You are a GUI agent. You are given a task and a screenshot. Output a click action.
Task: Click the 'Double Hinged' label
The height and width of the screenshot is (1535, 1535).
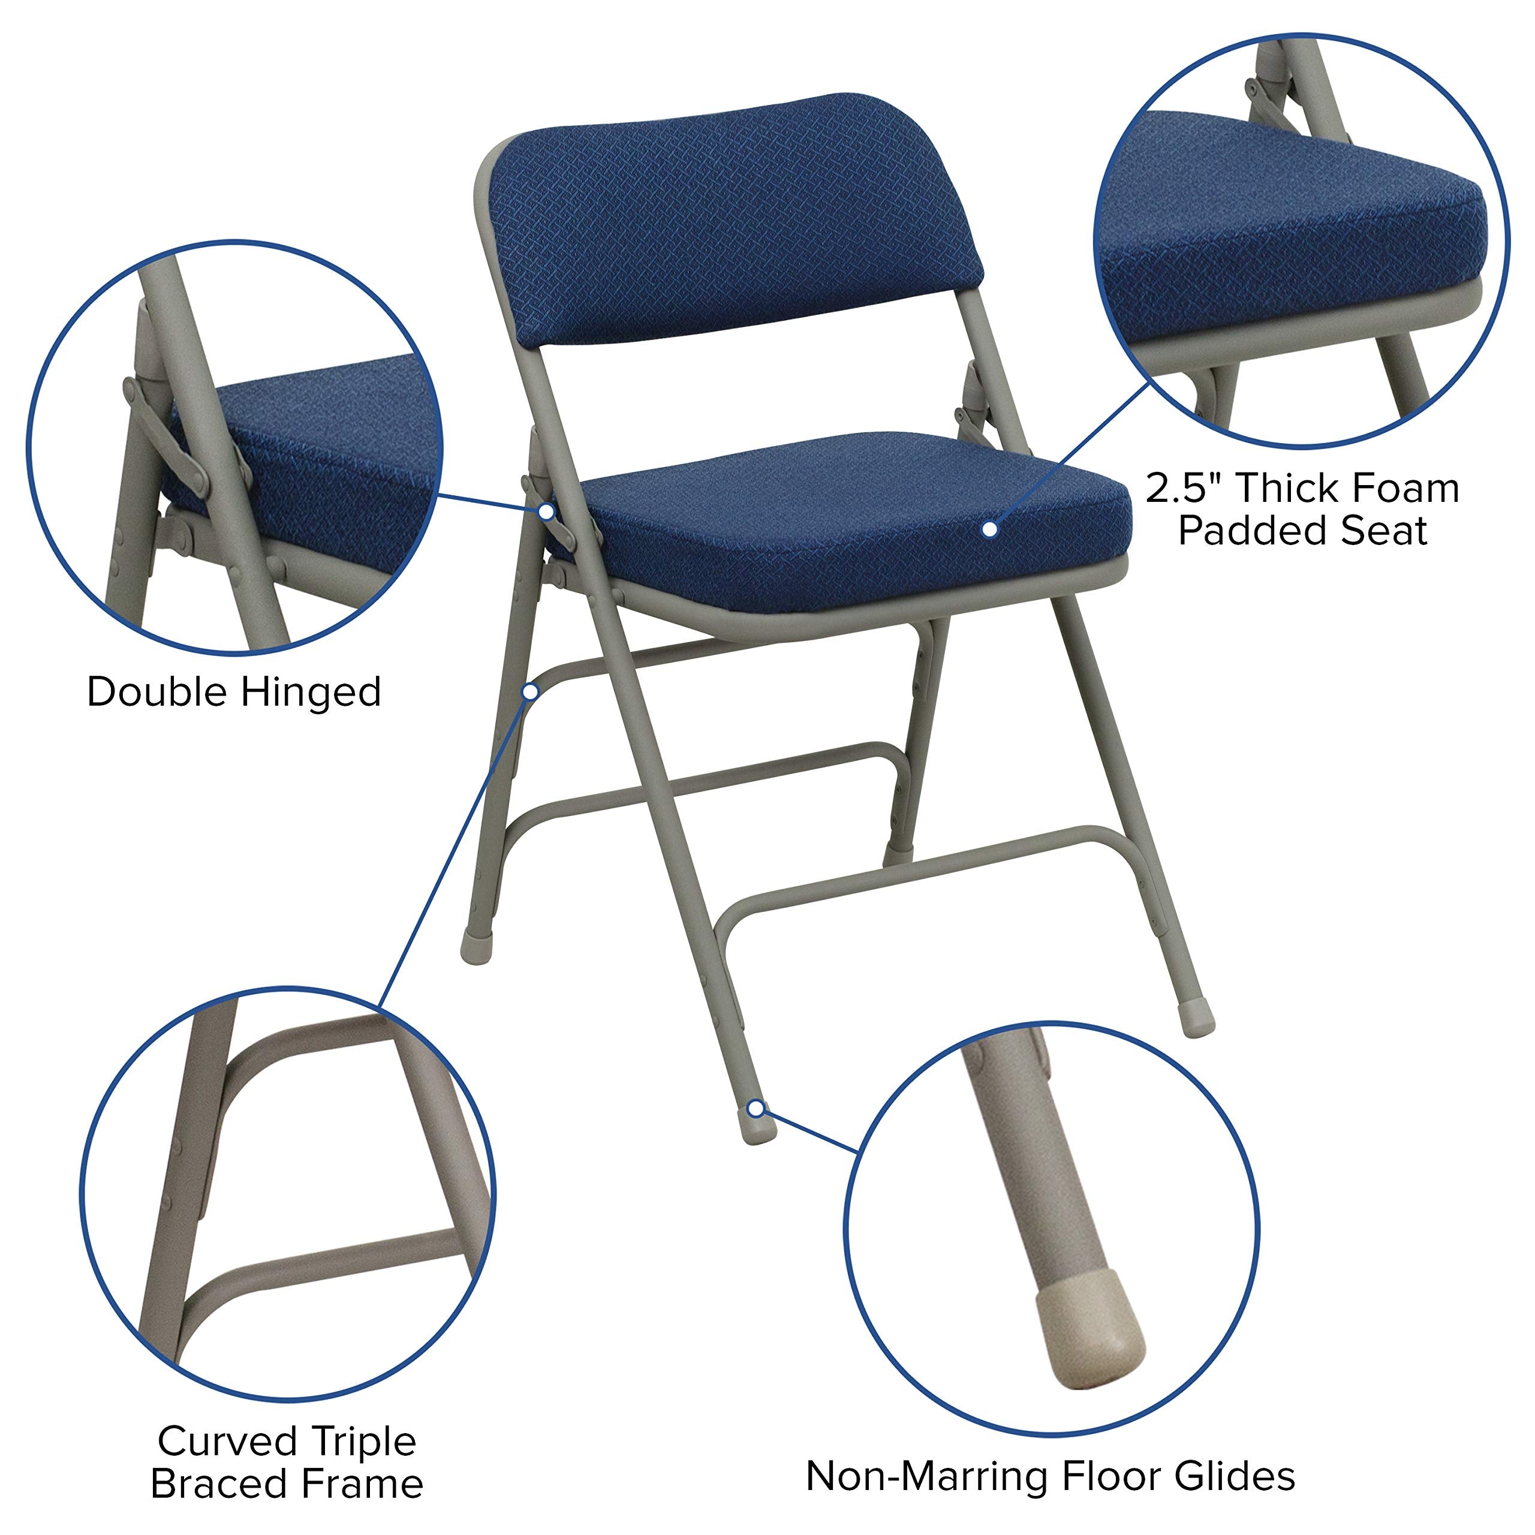coord(234,692)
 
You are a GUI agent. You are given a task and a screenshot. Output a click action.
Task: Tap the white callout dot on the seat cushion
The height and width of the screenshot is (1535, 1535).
coord(990,528)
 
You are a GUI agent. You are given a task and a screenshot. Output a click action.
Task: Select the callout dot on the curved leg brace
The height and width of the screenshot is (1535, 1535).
coord(529,692)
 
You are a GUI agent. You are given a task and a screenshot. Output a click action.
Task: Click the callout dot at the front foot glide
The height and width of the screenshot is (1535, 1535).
coord(757,1107)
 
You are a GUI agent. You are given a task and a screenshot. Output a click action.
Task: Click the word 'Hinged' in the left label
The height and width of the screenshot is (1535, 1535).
coord(311,692)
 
